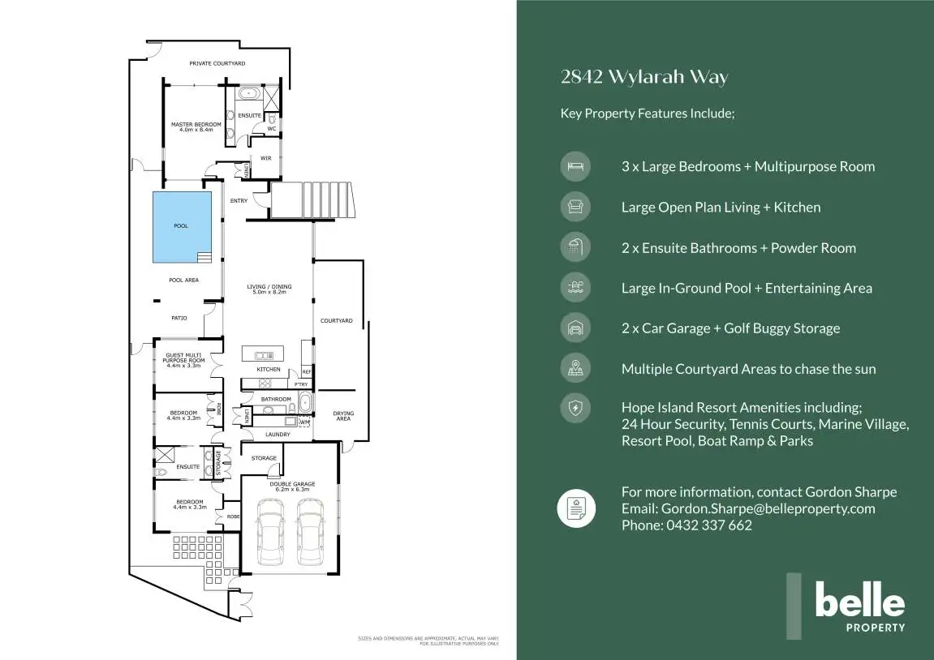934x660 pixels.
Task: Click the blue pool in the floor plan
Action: [x=182, y=226]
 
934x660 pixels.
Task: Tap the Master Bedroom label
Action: [x=196, y=126]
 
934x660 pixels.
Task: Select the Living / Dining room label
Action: [x=269, y=289]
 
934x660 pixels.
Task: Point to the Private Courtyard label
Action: [x=217, y=63]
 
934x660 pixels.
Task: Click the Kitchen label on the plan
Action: [x=269, y=369]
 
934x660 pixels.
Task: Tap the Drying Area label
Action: [x=343, y=415]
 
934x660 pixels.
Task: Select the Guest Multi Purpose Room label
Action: [x=183, y=360]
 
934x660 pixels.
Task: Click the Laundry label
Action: [x=278, y=435]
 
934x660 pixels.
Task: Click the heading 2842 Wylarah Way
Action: [x=644, y=78]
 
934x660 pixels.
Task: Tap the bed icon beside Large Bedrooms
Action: [x=575, y=166]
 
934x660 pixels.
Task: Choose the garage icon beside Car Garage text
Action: [x=575, y=328]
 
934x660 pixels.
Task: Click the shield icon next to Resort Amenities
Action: [x=575, y=408]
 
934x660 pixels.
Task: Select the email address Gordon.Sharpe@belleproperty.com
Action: [x=768, y=508]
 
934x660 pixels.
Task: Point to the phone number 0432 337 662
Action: [x=708, y=525]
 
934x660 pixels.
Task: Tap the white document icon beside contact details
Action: [x=575, y=508]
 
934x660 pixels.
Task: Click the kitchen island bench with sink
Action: [x=264, y=354]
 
